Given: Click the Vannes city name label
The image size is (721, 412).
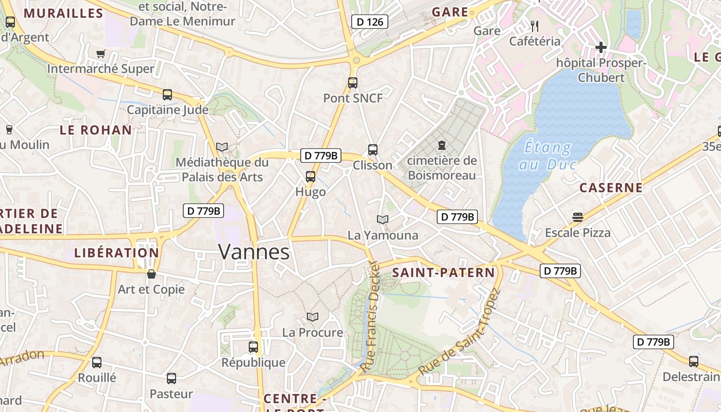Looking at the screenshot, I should tap(254, 252).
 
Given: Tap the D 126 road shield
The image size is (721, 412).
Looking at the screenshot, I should tap(369, 22).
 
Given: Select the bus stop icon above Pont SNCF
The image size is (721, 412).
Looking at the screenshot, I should tap(353, 82).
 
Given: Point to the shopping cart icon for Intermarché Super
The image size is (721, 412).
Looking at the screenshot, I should tap(101, 54).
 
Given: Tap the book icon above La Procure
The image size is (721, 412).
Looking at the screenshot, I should tap(313, 317).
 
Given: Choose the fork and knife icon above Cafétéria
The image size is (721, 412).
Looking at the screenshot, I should tap(535, 26).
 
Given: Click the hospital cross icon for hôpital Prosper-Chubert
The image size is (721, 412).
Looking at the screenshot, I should tap(600, 47).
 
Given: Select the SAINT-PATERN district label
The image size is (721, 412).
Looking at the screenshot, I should tap(443, 272).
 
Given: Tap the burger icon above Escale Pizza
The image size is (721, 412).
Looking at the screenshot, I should tap(577, 217).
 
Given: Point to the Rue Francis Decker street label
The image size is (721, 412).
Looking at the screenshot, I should tap(370, 319).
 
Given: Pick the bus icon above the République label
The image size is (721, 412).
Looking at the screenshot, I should tap(253, 347).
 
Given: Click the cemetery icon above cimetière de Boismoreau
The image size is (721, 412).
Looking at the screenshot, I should tap(441, 146).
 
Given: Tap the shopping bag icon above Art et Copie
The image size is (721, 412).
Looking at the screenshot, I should tap(151, 273).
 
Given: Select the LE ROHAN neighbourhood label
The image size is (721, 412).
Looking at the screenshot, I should tap(96, 130).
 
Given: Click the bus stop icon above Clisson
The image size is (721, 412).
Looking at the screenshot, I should tap(373, 150).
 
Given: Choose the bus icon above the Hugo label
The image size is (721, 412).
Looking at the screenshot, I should tap(311, 177).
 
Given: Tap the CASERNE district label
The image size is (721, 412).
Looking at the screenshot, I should tap(611, 187).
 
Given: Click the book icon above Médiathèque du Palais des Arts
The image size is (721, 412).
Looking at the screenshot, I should tap(222, 147).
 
